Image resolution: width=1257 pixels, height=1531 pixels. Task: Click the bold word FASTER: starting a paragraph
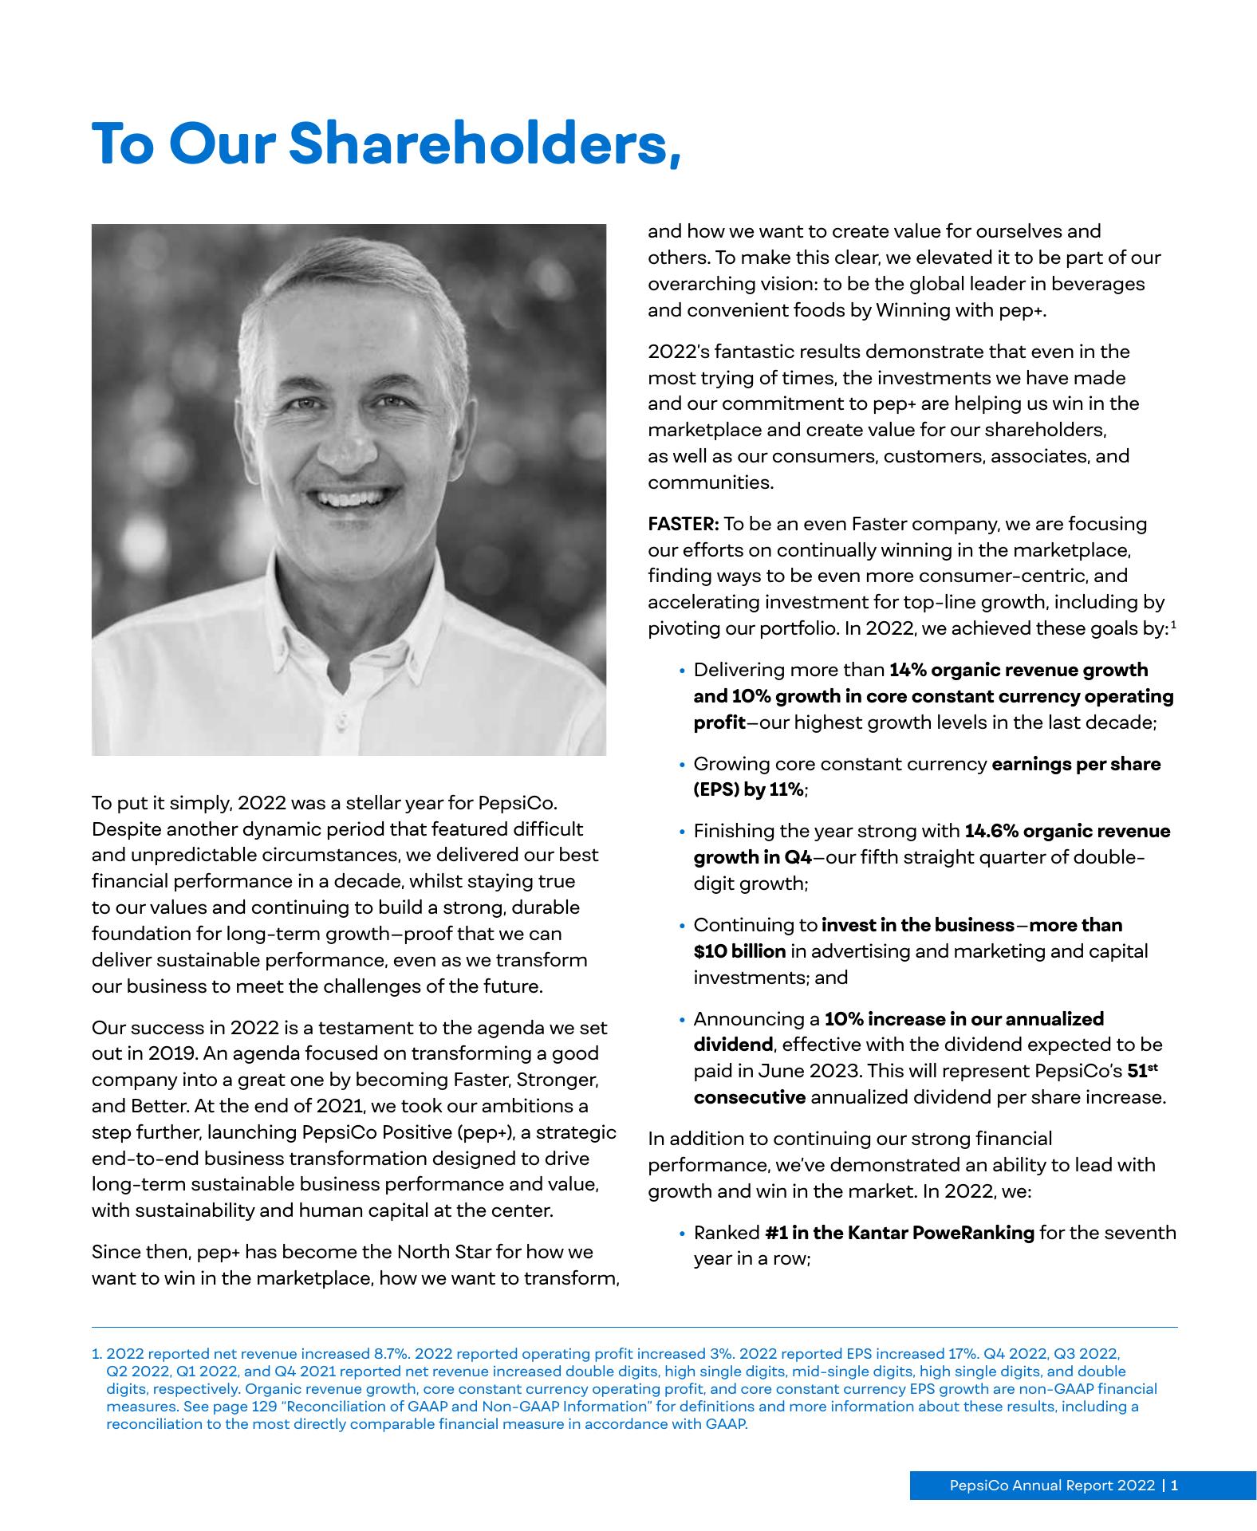[684, 525]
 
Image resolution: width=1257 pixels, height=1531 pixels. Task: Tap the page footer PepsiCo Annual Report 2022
[1051, 1486]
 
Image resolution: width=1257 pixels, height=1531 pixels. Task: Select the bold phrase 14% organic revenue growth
[1019, 670]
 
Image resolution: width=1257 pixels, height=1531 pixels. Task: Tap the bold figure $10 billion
[739, 951]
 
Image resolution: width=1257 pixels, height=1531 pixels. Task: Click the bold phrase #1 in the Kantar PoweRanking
[899, 1233]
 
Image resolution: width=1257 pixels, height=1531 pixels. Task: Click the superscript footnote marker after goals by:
[1174, 624]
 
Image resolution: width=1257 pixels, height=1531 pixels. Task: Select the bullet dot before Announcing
[682, 1020]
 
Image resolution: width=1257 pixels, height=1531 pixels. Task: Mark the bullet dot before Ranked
[682, 1234]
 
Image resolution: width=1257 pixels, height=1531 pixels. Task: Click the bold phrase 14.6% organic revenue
[1067, 831]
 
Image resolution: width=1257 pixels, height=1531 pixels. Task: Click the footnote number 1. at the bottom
[97, 1354]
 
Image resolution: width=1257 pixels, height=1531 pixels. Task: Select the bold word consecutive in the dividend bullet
[749, 1097]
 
